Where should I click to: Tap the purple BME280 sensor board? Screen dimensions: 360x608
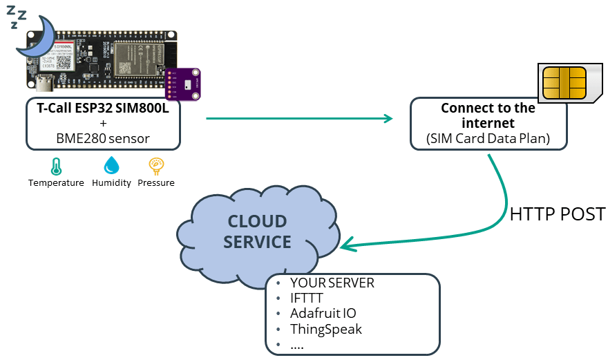[x=182, y=84]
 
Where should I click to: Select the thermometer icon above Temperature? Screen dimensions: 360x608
[x=55, y=167]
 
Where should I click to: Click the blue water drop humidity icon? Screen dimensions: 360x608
[x=111, y=166]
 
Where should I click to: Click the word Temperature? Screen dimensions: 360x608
[x=56, y=183]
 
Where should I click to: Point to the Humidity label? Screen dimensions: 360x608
[x=111, y=183]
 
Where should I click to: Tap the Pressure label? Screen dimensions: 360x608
[x=156, y=183]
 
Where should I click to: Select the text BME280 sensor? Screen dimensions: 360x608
[x=103, y=138]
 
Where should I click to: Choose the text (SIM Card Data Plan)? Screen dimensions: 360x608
[x=488, y=138]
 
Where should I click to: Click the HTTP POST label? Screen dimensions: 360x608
[x=557, y=214]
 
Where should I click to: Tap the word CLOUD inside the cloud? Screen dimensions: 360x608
[x=257, y=222]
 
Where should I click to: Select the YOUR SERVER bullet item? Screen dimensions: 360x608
[x=332, y=283]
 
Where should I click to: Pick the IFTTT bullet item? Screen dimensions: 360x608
[x=306, y=299]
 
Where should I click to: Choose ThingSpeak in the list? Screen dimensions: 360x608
[x=325, y=329]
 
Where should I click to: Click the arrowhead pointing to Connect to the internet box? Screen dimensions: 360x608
[x=387, y=118]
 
